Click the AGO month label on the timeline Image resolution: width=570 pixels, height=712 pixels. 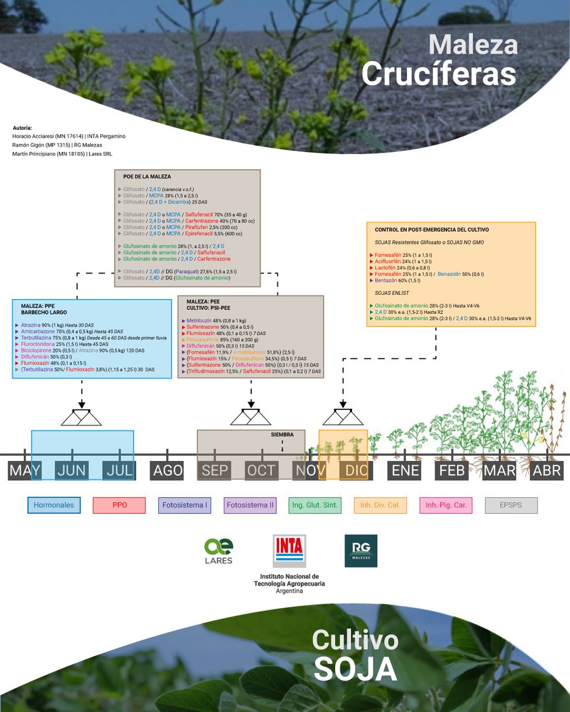pyautogui.click(x=167, y=471)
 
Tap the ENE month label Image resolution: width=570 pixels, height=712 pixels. pyautogui.click(x=406, y=471)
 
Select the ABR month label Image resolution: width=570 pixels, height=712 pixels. pyautogui.click(x=547, y=471)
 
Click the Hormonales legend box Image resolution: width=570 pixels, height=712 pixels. pyautogui.click(x=53, y=506)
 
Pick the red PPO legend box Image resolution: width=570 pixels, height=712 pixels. pyautogui.click(x=119, y=506)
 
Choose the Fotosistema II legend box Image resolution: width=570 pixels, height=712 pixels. pyautogui.click(x=250, y=506)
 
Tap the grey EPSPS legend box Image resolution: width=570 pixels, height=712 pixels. pyautogui.click(x=511, y=506)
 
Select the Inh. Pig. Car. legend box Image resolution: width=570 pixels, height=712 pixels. pyautogui.click(x=446, y=506)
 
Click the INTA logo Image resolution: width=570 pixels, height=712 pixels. pyautogui.click(x=289, y=551)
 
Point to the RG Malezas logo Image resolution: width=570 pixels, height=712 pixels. pyautogui.click(x=360, y=551)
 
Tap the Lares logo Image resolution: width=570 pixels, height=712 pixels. pyautogui.click(x=218, y=551)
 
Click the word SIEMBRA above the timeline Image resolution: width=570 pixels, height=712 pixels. pyautogui.click(x=282, y=434)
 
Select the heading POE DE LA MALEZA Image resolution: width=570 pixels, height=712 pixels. pyautogui.click(x=147, y=177)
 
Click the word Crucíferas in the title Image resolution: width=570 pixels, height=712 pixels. pyautogui.click(x=438, y=75)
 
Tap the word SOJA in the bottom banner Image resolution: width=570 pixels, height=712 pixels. pyautogui.click(x=355, y=669)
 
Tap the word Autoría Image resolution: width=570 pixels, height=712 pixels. pyautogui.click(x=22, y=128)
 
